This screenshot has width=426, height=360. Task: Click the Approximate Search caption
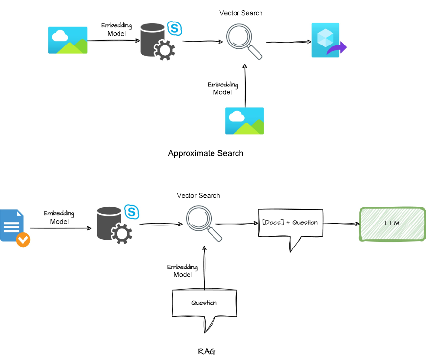(x=206, y=153)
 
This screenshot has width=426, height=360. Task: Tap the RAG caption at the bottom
(x=206, y=352)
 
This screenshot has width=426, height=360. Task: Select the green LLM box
(x=392, y=224)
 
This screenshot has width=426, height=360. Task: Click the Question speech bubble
(x=204, y=303)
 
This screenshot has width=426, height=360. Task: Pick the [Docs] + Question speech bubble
(x=290, y=223)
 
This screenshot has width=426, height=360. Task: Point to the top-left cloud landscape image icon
(x=68, y=40)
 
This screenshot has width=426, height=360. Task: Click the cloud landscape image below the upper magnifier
(x=244, y=120)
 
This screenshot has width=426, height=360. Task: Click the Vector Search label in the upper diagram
(x=241, y=13)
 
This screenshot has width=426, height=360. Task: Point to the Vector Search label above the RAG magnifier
(x=198, y=195)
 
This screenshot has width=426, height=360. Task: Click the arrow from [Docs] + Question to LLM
(x=340, y=224)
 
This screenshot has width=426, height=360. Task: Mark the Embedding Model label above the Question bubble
(x=183, y=271)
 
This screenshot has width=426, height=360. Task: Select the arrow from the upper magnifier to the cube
(x=288, y=43)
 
